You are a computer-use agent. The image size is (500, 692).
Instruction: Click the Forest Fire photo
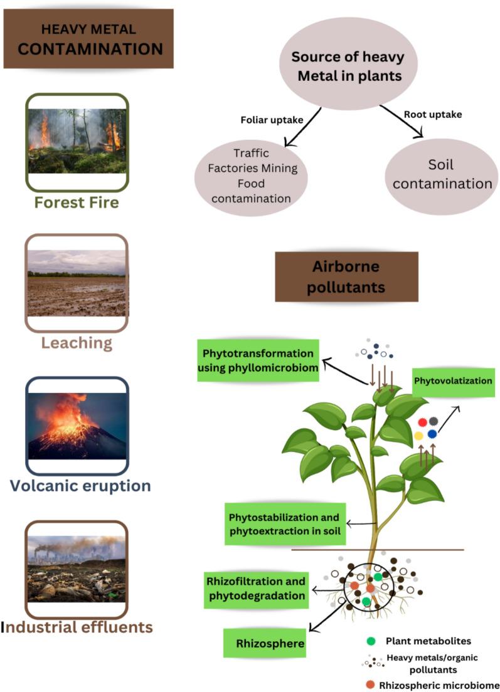click(77, 141)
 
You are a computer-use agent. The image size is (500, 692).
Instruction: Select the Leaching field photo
click(77, 283)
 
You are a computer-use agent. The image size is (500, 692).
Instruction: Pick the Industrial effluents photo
click(77, 569)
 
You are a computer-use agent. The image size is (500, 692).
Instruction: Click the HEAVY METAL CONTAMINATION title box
click(88, 39)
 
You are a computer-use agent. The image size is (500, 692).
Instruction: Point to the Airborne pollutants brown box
click(346, 276)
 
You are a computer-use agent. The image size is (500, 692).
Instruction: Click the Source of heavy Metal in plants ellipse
click(348, 64)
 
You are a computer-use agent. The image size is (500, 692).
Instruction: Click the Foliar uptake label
click(272, 120)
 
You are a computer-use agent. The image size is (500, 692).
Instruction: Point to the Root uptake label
click(433, 114)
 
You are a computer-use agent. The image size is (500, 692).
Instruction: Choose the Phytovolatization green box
click(453, 382)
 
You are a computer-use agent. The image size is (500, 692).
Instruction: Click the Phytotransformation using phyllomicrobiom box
click(258, 360)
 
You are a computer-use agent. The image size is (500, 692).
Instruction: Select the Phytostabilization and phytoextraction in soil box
click(285, 524)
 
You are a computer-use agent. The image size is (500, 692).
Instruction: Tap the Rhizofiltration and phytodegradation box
click(256, 589)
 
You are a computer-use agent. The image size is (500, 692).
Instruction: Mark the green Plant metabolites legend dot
click(371, 641)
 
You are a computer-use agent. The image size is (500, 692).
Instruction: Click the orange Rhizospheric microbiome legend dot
click(370, 685)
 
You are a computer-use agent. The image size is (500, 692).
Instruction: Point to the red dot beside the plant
click(422, 422)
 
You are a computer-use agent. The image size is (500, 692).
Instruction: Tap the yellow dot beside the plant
click(418, 436)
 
